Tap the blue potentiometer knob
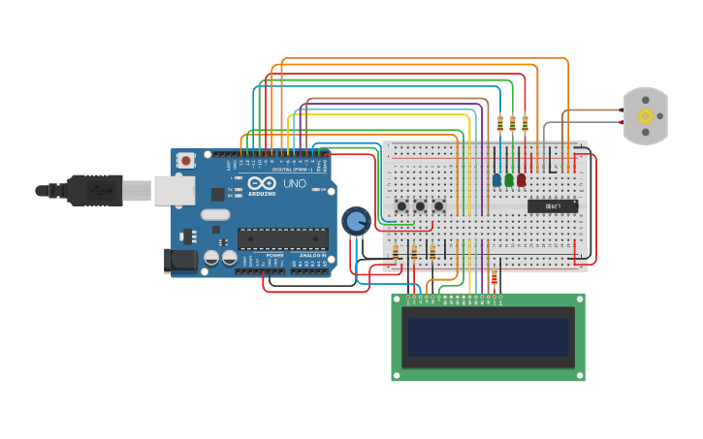(x=355, y=221)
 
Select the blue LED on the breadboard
(x=496, y=179)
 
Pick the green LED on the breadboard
(x=509, y=179)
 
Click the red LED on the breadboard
(x=522, y=179)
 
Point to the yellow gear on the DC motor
(x=645, y=116)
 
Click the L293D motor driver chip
(x=553, y=205)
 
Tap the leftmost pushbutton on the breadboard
(x=401, y=205)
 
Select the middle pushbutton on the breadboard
(x=420, y=205)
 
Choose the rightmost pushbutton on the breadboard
(x=438, y=205)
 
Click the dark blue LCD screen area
(x=488, y=337)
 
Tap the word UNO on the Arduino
(x=294, y=183)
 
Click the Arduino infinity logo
(x=262, y=183)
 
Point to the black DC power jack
(x=180, y=259)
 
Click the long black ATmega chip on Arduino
(x=283, y=238)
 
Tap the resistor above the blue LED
(x=499, y=124)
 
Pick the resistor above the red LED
(x=525, y=124)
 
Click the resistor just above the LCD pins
(x=495, y=279)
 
